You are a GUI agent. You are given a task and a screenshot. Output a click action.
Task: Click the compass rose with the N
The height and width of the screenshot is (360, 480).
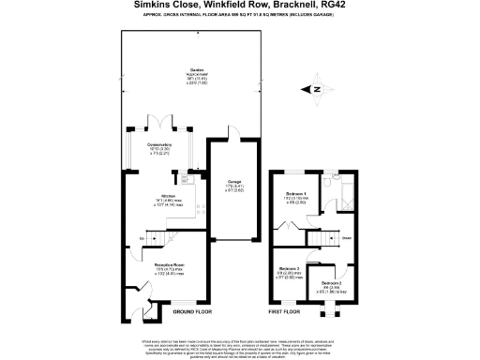tap(317, 90)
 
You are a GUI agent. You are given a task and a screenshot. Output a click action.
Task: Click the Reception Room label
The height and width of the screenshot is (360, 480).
tap(157, 265)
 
